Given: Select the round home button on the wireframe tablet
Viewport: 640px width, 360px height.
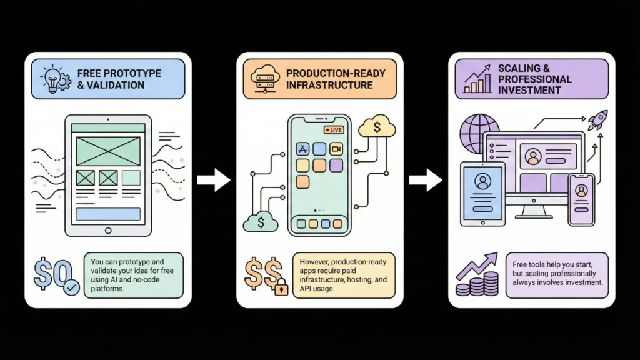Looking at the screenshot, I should tap(108, 230).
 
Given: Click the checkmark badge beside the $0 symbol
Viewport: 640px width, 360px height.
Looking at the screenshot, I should tap(71, 287).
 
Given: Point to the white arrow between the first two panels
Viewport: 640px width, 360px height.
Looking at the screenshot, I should tap(213, 180).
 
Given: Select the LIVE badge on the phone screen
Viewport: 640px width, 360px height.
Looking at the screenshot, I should tap(334, 130).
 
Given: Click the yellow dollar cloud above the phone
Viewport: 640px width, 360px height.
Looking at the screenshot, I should tap(377, 127).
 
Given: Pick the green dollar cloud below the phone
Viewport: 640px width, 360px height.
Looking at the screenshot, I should tap(260, 222).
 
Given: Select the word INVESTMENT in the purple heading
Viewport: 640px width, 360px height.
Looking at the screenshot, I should tap(528, 90).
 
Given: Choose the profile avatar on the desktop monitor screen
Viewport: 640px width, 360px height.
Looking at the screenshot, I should tap(532, 157).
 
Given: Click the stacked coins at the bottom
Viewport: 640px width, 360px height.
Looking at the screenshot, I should tap(479, 285).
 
